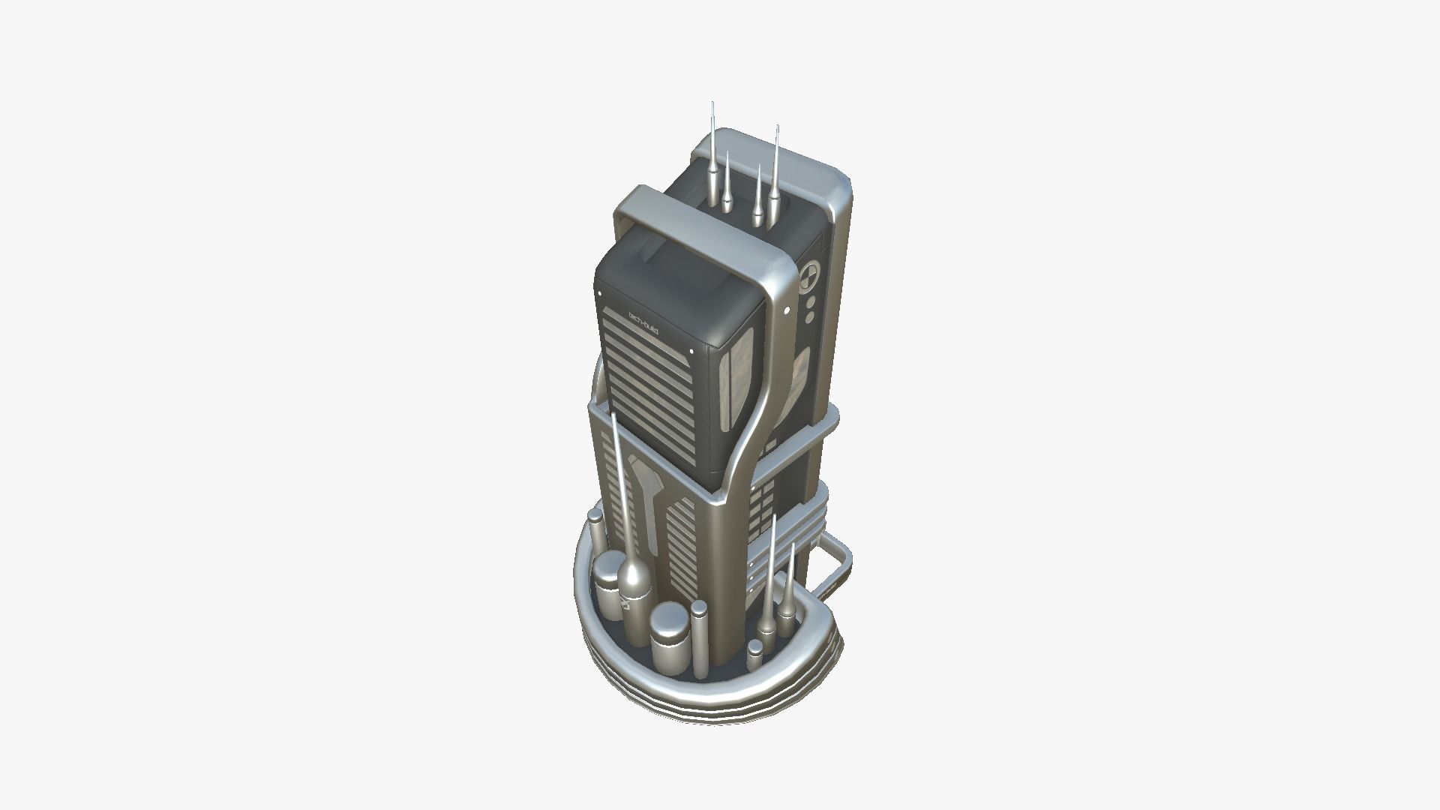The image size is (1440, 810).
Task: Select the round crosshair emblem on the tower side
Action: (x=809, y=276)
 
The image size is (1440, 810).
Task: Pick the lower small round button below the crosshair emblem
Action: (x=810, y=318)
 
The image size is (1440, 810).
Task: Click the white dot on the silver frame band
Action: (x=786, y=310)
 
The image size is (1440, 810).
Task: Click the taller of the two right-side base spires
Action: (x=769, y=585)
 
